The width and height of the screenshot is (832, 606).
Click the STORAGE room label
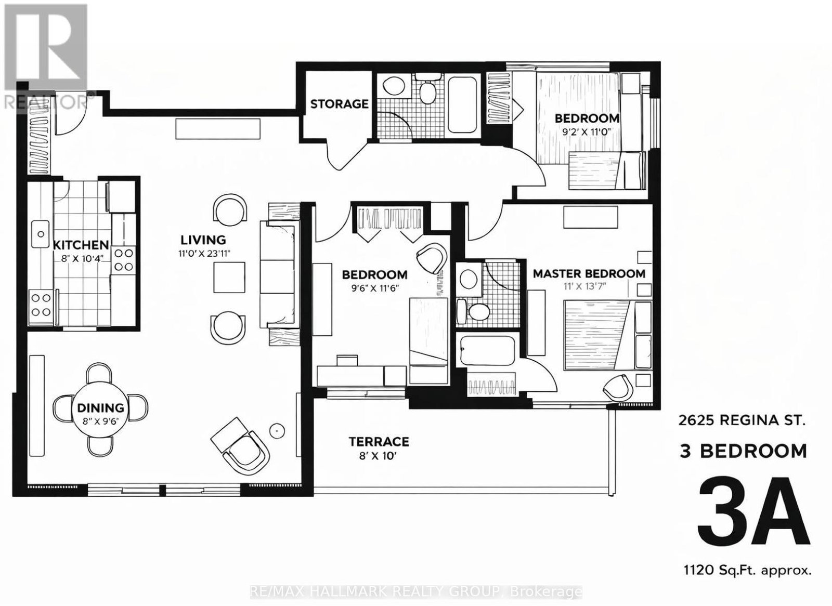pyautogui.click(x=339, y=104)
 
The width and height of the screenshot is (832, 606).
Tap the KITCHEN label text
pyautogui.click(x=81, y=245)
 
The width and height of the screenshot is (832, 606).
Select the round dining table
pyautogui.click(x=100, y=412)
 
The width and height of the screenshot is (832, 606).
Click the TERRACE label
pyautogui.click(x=379, y=441)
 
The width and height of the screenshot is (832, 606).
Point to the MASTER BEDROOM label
pyautogui.click(x=589, y=274)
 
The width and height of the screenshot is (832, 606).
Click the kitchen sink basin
pyautogui.click(x=41, y=234)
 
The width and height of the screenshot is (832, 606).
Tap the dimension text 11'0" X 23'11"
pyautogui.click(x=204, y=254)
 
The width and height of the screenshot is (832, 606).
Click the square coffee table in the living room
pyautogui.click(x=229, y=278)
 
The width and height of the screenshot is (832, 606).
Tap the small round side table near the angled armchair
pyautogui.click(x=277, y=431)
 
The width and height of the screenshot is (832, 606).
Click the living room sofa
pyautogui.click(x=279, y=274)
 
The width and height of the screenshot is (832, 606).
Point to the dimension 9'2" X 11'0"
pyautogui.click(x=587, y=132)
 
